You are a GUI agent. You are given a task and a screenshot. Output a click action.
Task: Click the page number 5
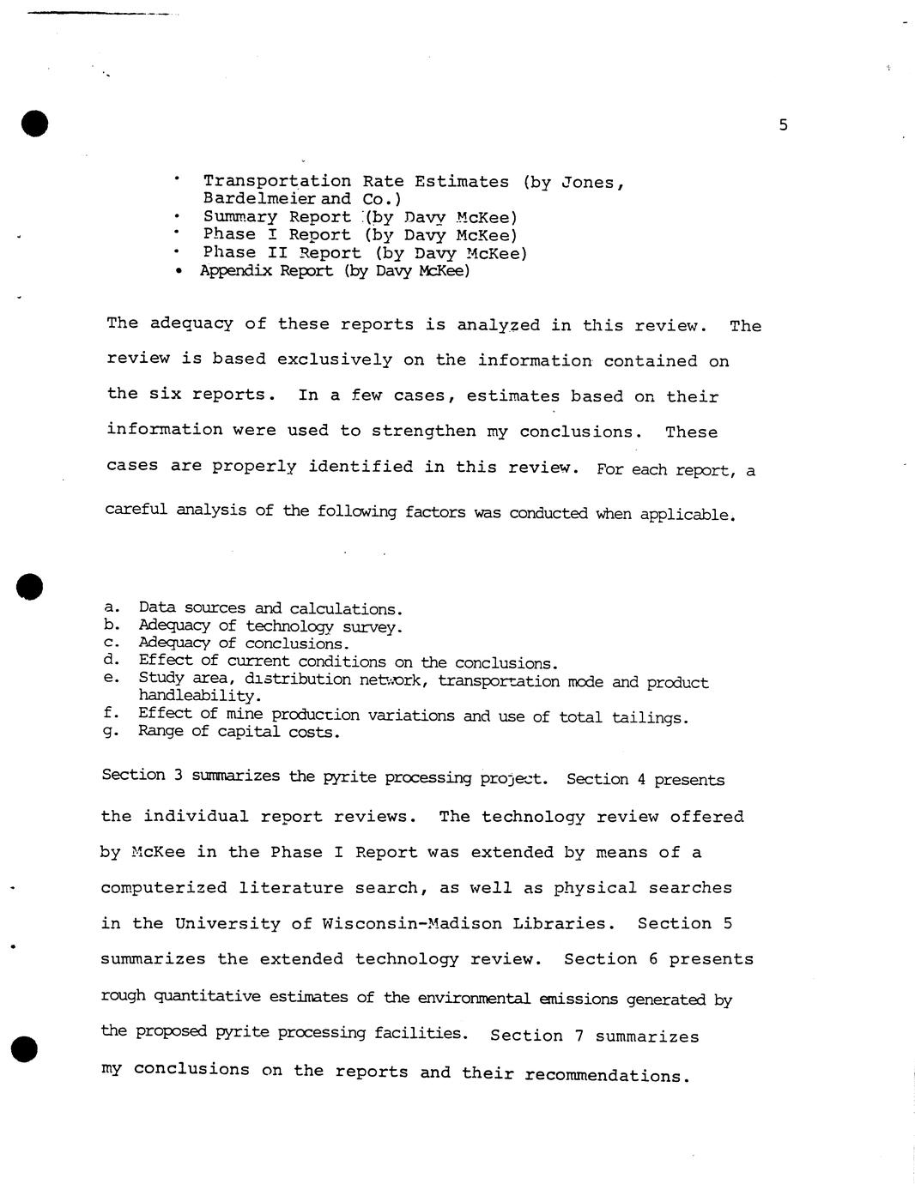[x=783, y=125]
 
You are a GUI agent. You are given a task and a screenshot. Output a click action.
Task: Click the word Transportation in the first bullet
[x=277, y=181]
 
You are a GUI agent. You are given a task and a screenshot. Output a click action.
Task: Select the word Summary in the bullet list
[x=240, y=217]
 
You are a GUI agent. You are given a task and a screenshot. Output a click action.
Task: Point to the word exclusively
[x=330, y=359]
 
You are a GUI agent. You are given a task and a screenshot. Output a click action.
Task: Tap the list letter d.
[x=110, y=660]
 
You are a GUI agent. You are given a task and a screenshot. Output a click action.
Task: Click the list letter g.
[x=109, y=732]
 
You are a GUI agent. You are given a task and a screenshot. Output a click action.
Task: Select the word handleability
[x=198, y=696]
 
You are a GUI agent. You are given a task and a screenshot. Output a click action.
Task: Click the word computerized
[x=164, y=888]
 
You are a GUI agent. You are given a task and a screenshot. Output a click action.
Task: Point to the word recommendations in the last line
[x=606, y=1076]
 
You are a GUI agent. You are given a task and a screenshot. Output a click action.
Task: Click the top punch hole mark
[x=35, y=124]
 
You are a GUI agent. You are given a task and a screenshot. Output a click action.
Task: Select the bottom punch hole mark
[x=25, y=1048]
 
